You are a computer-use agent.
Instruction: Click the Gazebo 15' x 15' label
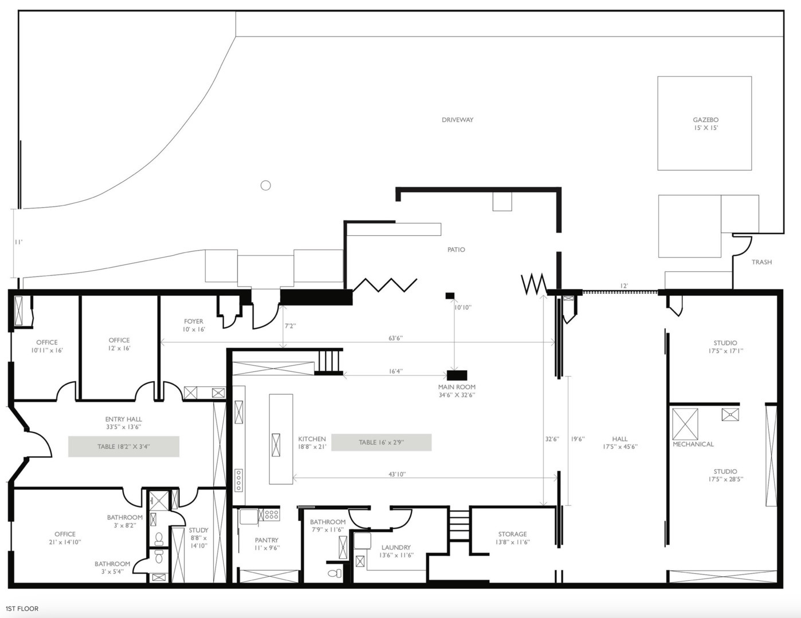pyautogui.click(x=705, y=124)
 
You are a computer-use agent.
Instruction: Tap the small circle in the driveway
pyautogui.click(x=265, y=185)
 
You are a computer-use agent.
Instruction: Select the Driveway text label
pyautogui.click(x=457, y=120)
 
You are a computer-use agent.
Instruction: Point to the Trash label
pyautogui.click(x=761, y=262)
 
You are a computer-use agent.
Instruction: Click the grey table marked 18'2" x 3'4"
pyautogui.click(x=124, y=446)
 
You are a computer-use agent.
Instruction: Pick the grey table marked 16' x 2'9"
pyautogui.click(x=381, y=442)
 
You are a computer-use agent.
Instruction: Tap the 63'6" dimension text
pyautogui.click(x=395, y=338)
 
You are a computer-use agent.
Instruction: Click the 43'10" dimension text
pyautogui.click(x=397, y=474)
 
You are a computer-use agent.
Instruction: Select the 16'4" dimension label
pyautogui.click(x=395, y=371)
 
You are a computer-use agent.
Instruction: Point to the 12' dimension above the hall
pyautogui.click(x=624, y=286)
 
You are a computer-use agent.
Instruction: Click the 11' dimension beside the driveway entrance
pyautogui.click(x=18, y=242)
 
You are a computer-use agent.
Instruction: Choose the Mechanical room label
pyautogui.click(x=693, y=444)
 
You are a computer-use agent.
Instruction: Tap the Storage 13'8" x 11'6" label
pyautogui.click(x=512, y=538)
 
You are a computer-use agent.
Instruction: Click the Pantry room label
pyautogui.click(x=266, y=540)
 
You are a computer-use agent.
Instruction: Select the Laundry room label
pyautogui.click(x=396, y=547)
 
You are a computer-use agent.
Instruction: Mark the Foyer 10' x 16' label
pyautogui.click(x=194, y=326)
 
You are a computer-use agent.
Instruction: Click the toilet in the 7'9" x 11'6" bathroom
pyautogui.click(x=335, y=573)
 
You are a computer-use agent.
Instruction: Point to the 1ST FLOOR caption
pyautogui.click(x=22, y=609)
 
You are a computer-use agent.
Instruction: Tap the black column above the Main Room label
pyautogui.click(x=457, y=375)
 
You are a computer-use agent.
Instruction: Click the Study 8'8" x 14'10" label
pyautogui.click(x=199, y=538)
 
